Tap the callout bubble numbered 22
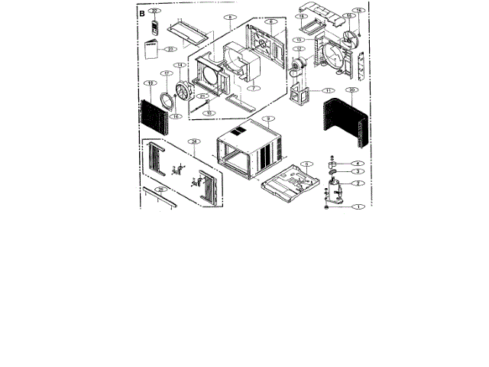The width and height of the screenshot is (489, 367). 155,12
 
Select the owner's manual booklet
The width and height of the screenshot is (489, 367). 151,50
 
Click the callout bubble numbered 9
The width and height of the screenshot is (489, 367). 267,119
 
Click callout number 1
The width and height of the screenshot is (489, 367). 354,206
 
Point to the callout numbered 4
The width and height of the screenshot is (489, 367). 355,164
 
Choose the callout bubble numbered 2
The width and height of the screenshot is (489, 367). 355,184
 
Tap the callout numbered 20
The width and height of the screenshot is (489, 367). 351,89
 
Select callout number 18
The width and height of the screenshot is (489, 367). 151,83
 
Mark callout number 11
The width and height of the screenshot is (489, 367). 329,91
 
